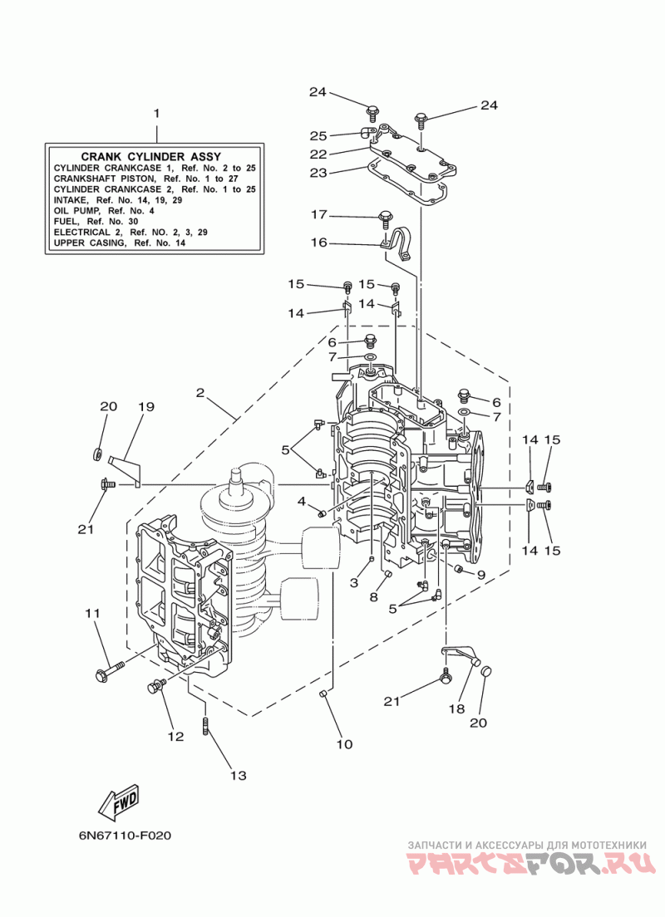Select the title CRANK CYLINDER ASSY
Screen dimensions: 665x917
(151, 156)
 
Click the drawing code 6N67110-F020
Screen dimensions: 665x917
(125, 835)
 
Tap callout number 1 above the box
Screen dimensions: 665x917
(156, 113)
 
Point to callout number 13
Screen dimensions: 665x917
(239, 776)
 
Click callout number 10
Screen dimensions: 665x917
(344, 744)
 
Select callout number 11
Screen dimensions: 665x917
(92, 613)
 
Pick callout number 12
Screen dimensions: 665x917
(175, 736)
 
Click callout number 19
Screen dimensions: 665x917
(145, 406)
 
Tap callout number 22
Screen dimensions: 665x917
(318, 154)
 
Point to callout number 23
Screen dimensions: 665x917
(318, 173)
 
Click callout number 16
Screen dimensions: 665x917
(318, 242)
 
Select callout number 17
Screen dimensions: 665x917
(318, 214)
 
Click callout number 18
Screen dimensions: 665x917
(456, 709)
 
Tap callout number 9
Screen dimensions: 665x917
(481, 575)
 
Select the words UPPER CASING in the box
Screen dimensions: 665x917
(89, 243)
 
